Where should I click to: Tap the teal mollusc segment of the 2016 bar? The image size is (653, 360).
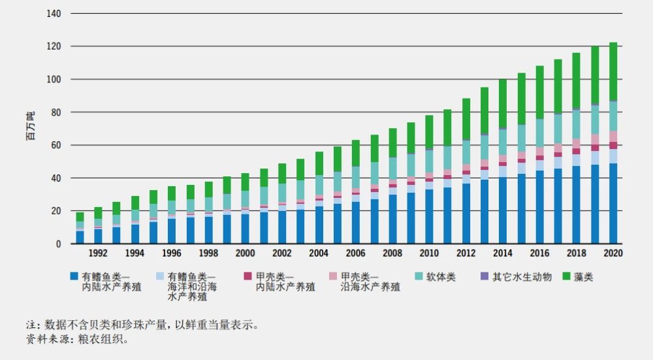click(x=539, y=133)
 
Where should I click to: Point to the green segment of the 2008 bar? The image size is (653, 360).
click(x=392, y=142)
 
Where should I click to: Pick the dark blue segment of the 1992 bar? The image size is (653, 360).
click(x=98, y=237)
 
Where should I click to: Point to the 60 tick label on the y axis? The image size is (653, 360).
click(x=56, y=145)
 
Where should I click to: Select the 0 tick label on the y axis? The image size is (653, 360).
click(x=58, y=244)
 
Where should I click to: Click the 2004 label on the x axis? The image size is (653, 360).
click(x=319, y=254)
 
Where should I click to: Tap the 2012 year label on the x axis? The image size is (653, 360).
click(x=466, y=254)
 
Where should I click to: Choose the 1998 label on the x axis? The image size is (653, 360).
click(x=208, y=254)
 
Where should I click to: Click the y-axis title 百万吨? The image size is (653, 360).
click(x=30, y=127)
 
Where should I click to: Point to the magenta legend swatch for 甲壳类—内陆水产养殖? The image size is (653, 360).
click(x=246, y=277)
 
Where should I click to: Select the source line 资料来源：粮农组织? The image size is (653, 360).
click(x=78, y=339)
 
